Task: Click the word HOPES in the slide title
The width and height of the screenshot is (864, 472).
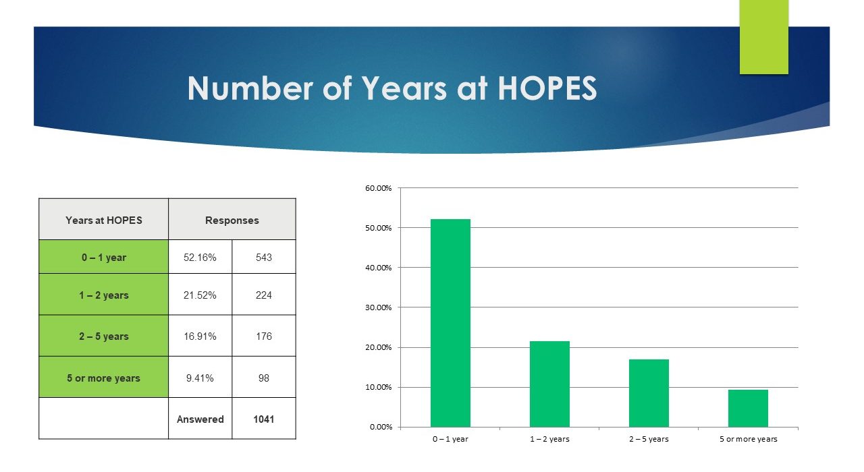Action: tap(547, 88)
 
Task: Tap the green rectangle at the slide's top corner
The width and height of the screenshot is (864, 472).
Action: tap(763, 37)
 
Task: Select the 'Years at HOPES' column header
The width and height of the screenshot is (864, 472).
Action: tap(104, 220)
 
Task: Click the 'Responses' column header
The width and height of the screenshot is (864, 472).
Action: tap(232, 220)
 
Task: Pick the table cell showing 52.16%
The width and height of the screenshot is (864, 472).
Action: tap(200, 257)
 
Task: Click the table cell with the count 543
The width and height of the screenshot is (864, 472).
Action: tap(264, 257)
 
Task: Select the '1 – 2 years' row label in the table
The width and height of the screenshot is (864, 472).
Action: tap(104, 295)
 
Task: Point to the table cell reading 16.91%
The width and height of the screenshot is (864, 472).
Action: tap(200, 336)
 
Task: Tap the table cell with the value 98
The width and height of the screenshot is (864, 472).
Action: tap(264, 378)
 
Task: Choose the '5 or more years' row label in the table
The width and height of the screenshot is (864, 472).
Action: tap(104, 378)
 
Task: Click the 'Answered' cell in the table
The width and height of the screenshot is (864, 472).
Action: tap(200, 419)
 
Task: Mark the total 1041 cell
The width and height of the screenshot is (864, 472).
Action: tap(264, 419)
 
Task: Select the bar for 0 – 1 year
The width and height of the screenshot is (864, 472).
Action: tap(450, 323)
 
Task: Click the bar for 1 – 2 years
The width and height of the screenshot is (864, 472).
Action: tap(549, 384)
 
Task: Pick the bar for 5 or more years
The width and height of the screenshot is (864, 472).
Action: tap(748, 408)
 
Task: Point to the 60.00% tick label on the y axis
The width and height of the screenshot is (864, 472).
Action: tap(379, 188)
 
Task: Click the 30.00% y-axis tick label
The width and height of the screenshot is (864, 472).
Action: tap(379, 307)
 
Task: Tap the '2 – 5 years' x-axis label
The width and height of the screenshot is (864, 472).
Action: tap(649, 439)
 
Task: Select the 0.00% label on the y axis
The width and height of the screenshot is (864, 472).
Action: tap(381, 427)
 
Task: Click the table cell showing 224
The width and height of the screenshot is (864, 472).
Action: tap(264, 295)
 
